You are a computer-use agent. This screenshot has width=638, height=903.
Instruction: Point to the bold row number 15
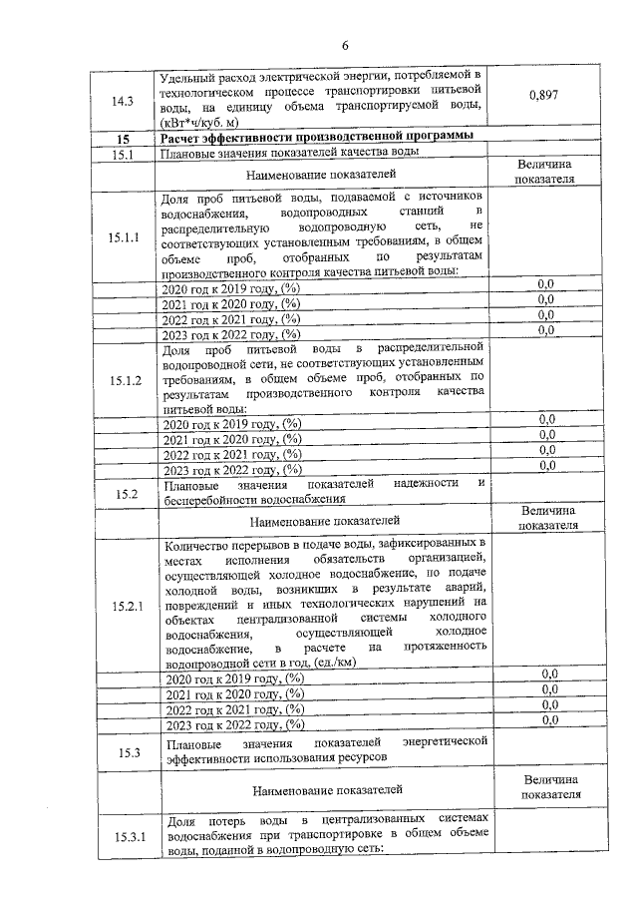click(x=123, y=138)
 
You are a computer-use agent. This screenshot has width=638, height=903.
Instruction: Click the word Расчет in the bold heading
click(x=187, y=138)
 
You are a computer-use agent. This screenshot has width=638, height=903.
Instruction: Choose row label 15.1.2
click(x=125, y=380)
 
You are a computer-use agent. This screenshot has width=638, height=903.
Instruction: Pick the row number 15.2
click(x=125, y=492)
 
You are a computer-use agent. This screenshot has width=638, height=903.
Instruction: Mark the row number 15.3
click(x=125, y=751)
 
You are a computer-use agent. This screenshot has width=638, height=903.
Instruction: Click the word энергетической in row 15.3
click(x=444, y=743)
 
